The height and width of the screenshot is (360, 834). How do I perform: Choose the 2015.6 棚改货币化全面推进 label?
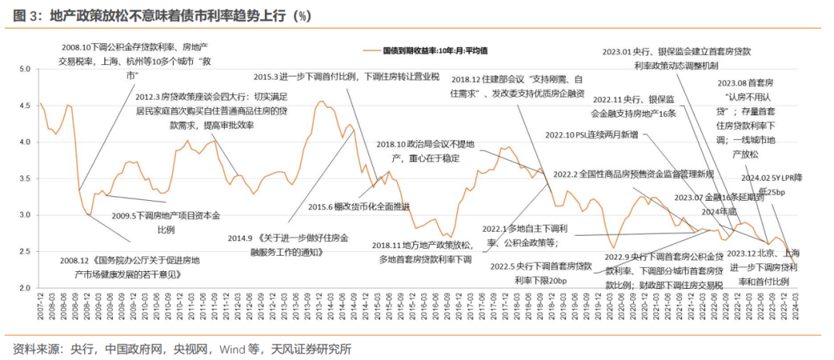pyautogui.click(x=359, y=206)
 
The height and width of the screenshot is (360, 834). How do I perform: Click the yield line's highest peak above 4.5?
pyautogui.click(x=320, y=101)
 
